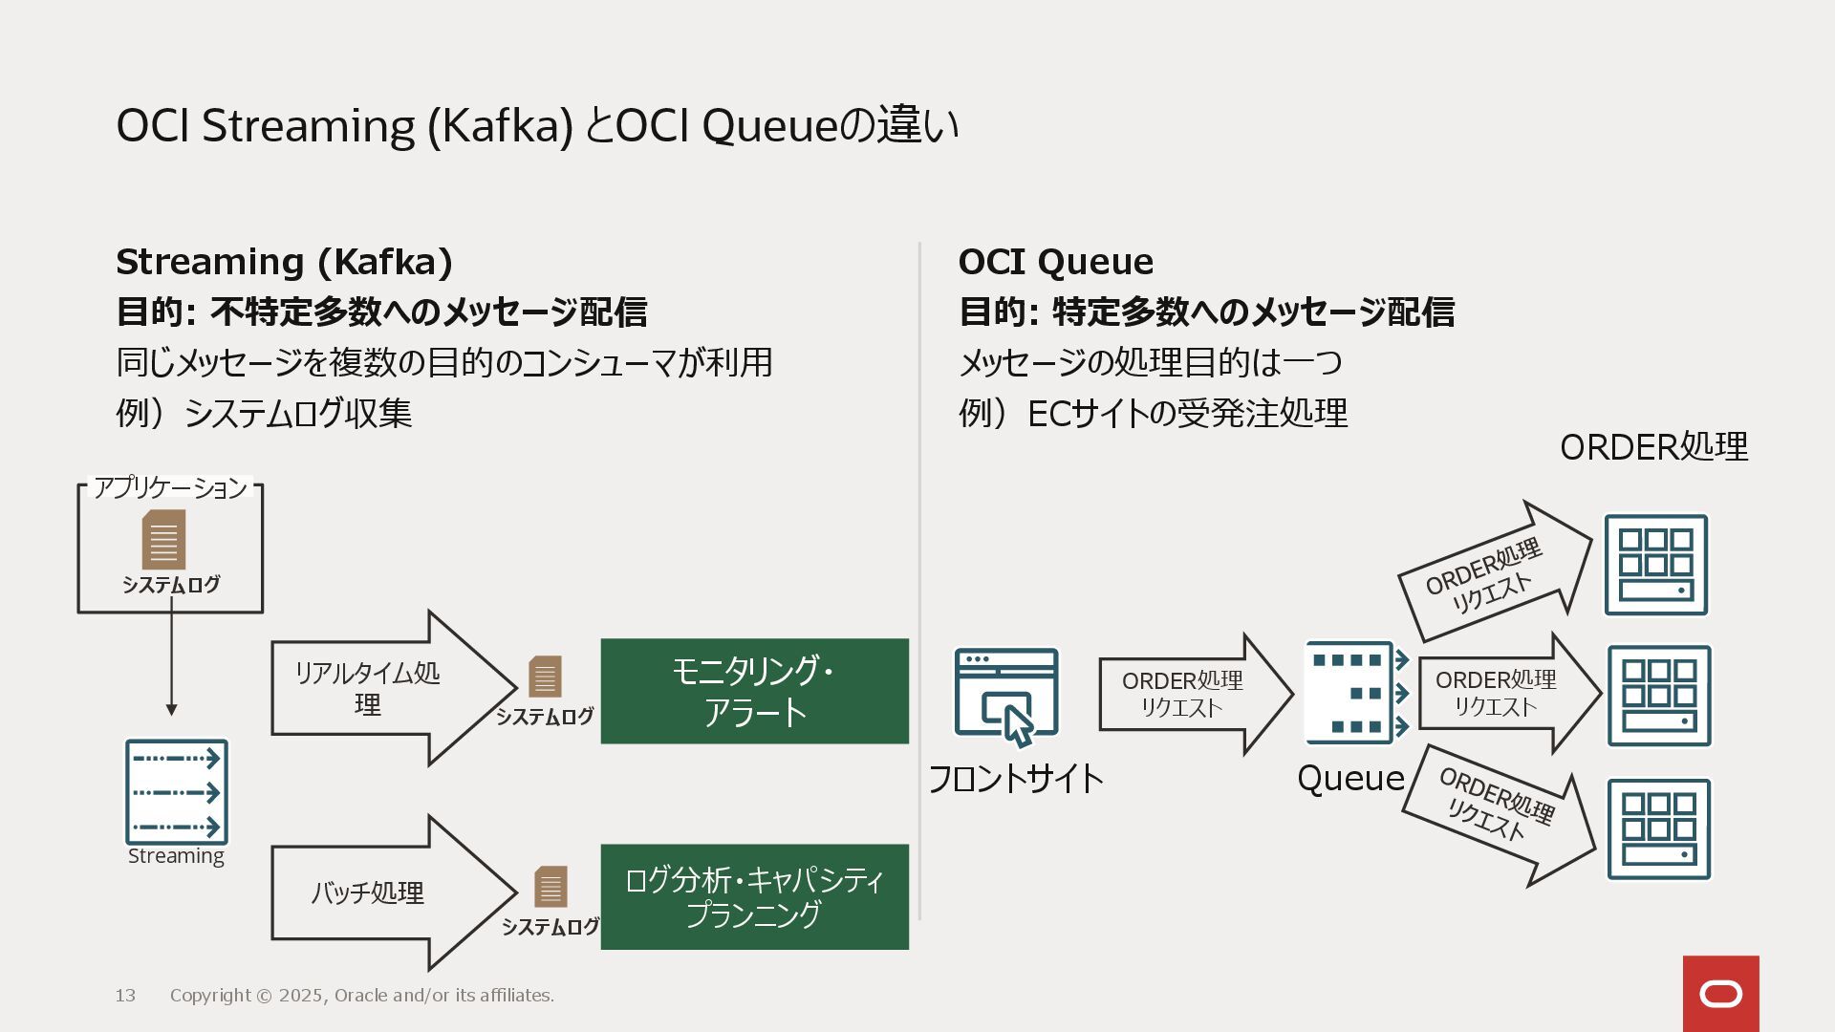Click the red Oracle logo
coord(1720,994)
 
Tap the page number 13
coord(125,996)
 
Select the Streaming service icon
coord(177,792)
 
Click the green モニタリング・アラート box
coord(754,691)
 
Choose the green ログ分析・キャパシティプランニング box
coord(754,896)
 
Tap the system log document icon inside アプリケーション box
coord(163,539)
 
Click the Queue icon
coord(1356,693)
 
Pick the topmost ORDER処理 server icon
coord(1655,565)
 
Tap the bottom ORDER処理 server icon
coord(1658,828)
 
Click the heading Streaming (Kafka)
coord(284,262)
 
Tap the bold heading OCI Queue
coord(1055,262)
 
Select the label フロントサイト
coord(1015,779)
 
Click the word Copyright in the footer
coord(210,996)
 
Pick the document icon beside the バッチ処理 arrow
coord(550,887)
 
